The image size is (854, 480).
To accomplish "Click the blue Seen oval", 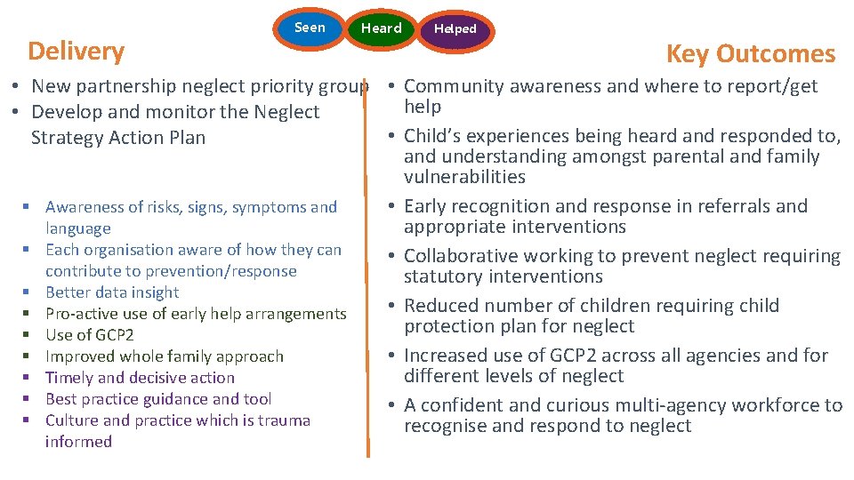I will click(310, 28).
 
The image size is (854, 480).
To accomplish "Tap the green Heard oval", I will click(381, 28).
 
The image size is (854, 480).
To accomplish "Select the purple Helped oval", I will click(455, 29).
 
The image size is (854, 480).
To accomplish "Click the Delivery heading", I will click(77, 51).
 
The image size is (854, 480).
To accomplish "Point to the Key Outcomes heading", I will click(750, 53).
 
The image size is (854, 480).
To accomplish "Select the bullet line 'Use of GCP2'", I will click(89, 335).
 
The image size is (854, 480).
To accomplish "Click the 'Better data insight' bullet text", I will click(112, 292).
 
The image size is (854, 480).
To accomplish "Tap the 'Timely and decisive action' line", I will click(140, 378).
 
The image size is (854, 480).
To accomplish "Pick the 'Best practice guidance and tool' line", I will click(158, 399).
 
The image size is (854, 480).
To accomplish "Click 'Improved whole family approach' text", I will click(164, 356).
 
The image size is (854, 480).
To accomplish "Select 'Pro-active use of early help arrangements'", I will click(196, 314).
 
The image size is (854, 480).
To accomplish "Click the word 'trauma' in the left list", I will click(284, 420).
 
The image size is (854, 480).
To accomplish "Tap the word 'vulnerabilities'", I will click(464, 177).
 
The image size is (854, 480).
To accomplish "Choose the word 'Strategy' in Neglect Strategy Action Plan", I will click(64, 138).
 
